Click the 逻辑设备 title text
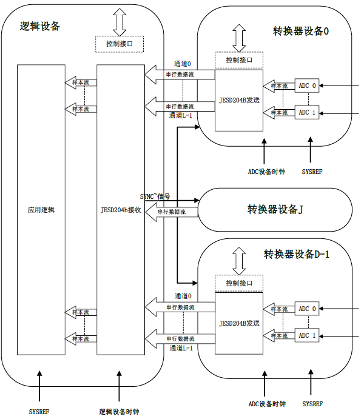click(x=40, y=26)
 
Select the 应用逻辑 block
click(x=41, y=210)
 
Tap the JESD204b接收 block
click(x=121, y=210)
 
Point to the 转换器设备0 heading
click(x=301, y=31)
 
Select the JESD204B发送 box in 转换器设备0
click(x=239, y=99)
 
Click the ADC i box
click(x=308, y=112)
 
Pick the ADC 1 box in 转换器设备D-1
click(x=308, y=335)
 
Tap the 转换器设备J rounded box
click(x=275, y=210)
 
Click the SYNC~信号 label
click(x=155, y=196)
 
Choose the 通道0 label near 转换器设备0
click(x=183, y=63)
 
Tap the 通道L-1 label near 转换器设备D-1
click(x=181, y=348)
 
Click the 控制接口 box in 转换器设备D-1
click(x=239, y=284)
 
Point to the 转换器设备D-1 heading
click(x=296, y=254)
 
